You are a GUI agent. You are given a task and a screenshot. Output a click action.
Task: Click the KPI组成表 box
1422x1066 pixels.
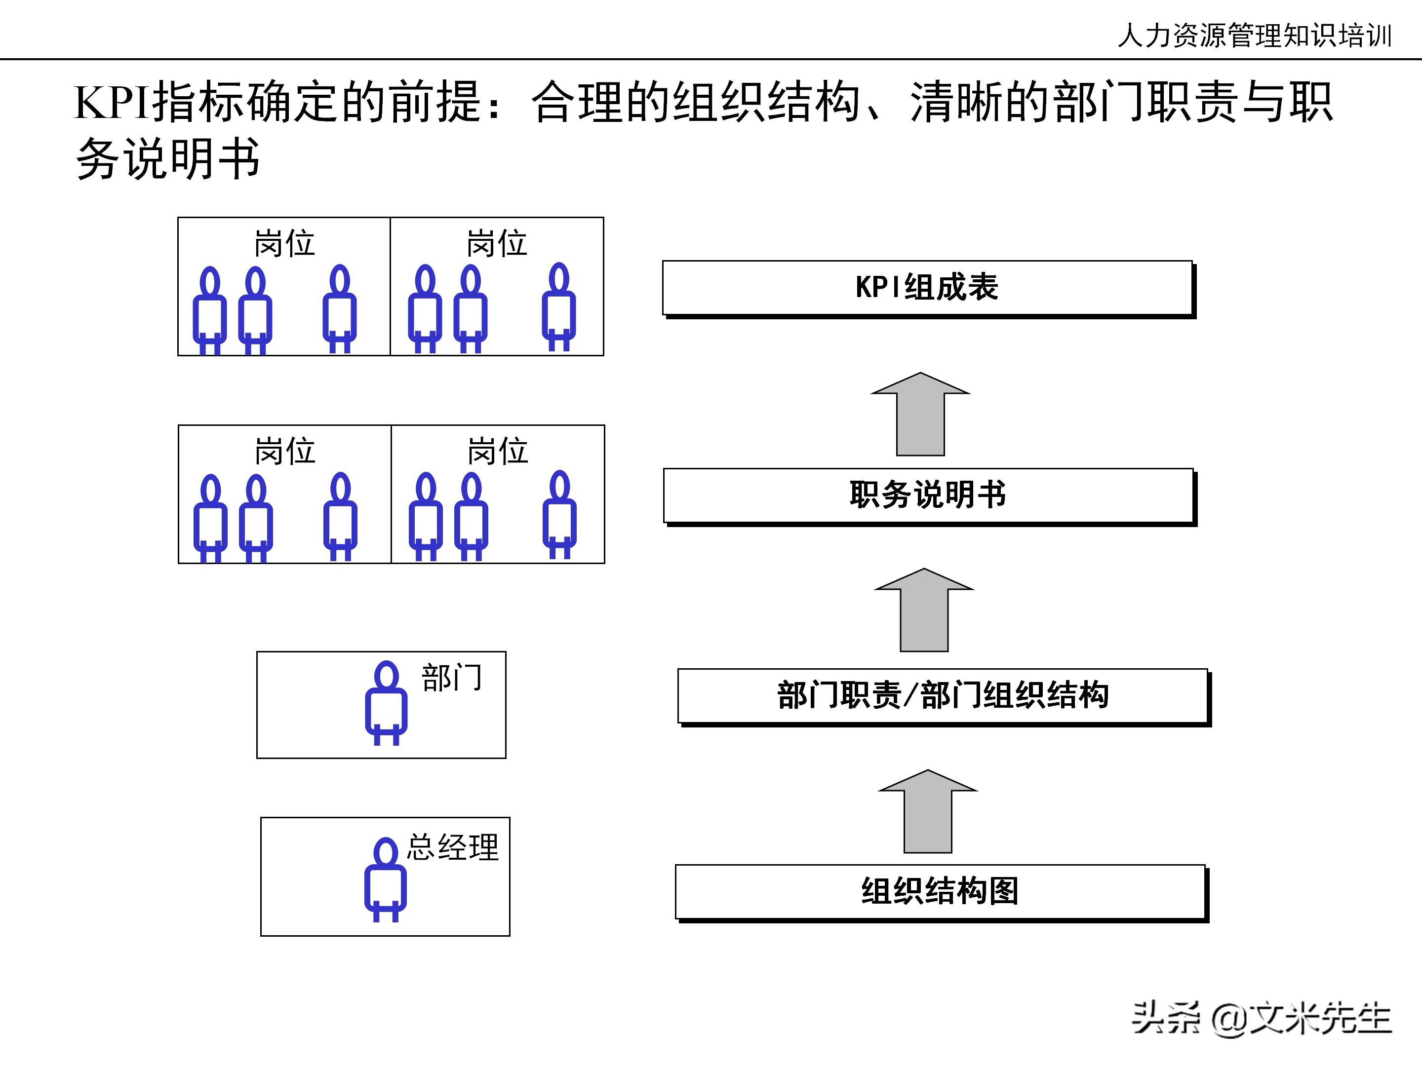click(x=927, y=287)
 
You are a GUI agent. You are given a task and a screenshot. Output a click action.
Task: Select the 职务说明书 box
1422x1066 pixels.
click(x=928, y=495)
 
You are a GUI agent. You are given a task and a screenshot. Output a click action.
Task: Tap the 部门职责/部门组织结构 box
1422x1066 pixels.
click(x=943, y=696)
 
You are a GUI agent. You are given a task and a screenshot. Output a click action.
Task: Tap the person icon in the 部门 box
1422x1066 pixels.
click(x=386, y=704)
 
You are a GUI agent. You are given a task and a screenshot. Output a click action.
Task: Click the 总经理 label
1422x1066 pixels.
click(x=453, y=847)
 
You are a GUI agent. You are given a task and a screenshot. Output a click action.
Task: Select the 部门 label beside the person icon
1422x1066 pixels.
click(x=451, y=678)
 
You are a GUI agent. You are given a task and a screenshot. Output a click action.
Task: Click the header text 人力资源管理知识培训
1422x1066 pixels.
click(x=1254, y=36)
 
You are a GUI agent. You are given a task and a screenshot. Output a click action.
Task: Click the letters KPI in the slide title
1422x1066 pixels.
click(x=112, y=103)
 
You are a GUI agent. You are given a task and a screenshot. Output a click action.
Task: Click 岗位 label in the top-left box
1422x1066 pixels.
click(x=284, y=243)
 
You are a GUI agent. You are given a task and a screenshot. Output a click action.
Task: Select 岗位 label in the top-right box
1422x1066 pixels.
click(x=496, y=243)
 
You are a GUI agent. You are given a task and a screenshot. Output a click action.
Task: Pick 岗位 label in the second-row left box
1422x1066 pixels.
click(x=285, y=451)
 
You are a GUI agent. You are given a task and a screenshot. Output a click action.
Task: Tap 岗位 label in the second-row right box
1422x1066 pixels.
click(x=498, y=451)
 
